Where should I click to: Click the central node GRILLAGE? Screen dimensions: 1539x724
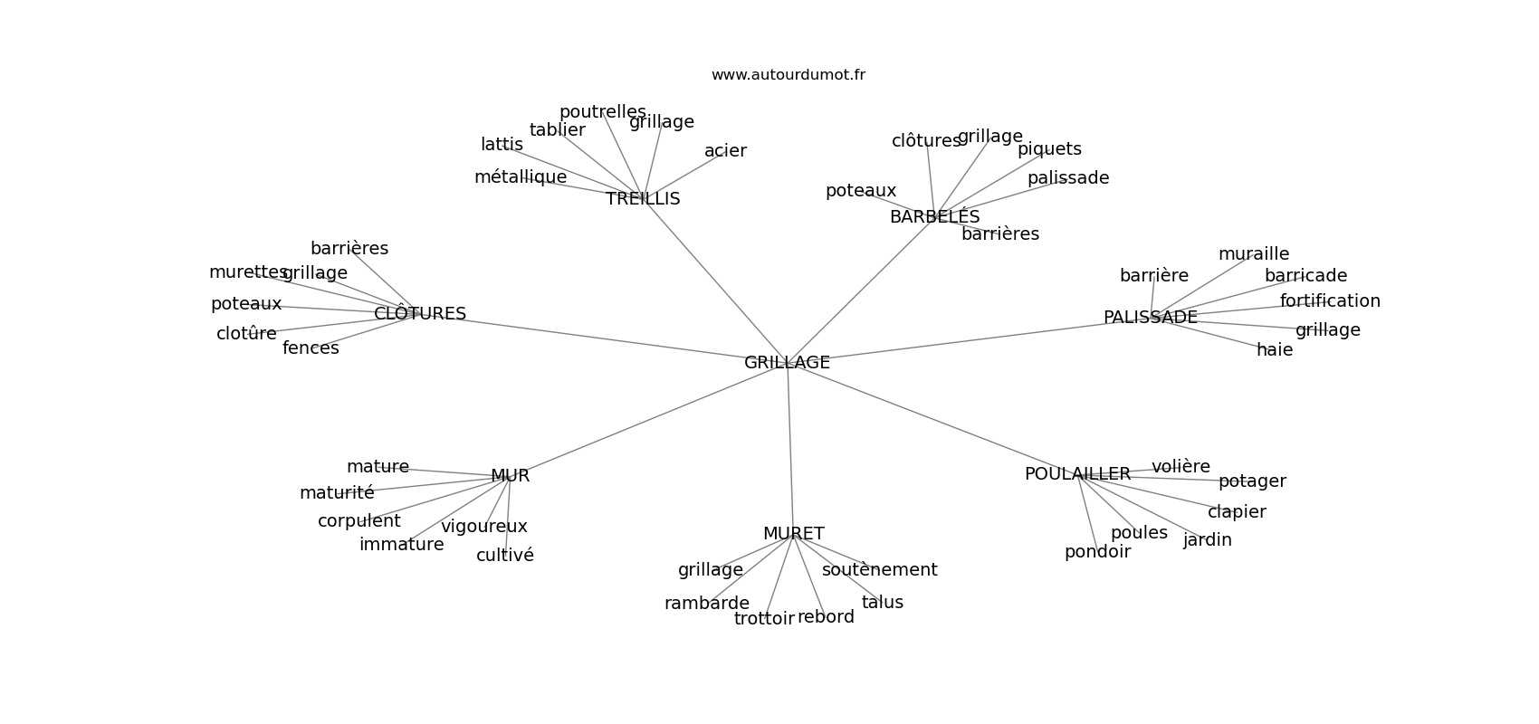[x=787, y=362]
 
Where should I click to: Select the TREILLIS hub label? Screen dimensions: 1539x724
[x=643, y=198]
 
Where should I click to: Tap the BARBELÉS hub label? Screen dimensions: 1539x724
[x=934, y=215]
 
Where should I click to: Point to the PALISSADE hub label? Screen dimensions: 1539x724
[x=1150, y=317]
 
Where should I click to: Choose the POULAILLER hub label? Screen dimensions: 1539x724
[x=1077, y=474]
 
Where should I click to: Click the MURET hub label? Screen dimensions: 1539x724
[x=794, y=533]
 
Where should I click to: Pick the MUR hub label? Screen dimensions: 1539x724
[x=510, y=475]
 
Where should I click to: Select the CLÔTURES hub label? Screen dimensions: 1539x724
[x=420, y=312]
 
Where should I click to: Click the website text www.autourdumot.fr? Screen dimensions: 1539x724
[x=788, y=75]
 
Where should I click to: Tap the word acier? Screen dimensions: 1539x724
[x=725, y=150]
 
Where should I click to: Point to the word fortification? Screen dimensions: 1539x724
[x=1330, y=300]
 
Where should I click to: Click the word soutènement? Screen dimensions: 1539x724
[x=879, y=569]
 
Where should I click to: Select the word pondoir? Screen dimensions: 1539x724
[x=1097, y=552]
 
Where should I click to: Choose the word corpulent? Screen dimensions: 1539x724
[x=358, y=520]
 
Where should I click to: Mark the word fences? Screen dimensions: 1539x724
[x=311, y=348]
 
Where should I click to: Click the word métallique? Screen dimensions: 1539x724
[x=521, y=177]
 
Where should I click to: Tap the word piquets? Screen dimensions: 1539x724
[x=1049, y=149]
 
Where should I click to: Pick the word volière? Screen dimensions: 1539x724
[x=1181, y=466]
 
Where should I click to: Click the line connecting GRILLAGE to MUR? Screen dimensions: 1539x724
[x=648, y=419]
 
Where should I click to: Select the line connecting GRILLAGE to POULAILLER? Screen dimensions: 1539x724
[x=932, y=417]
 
